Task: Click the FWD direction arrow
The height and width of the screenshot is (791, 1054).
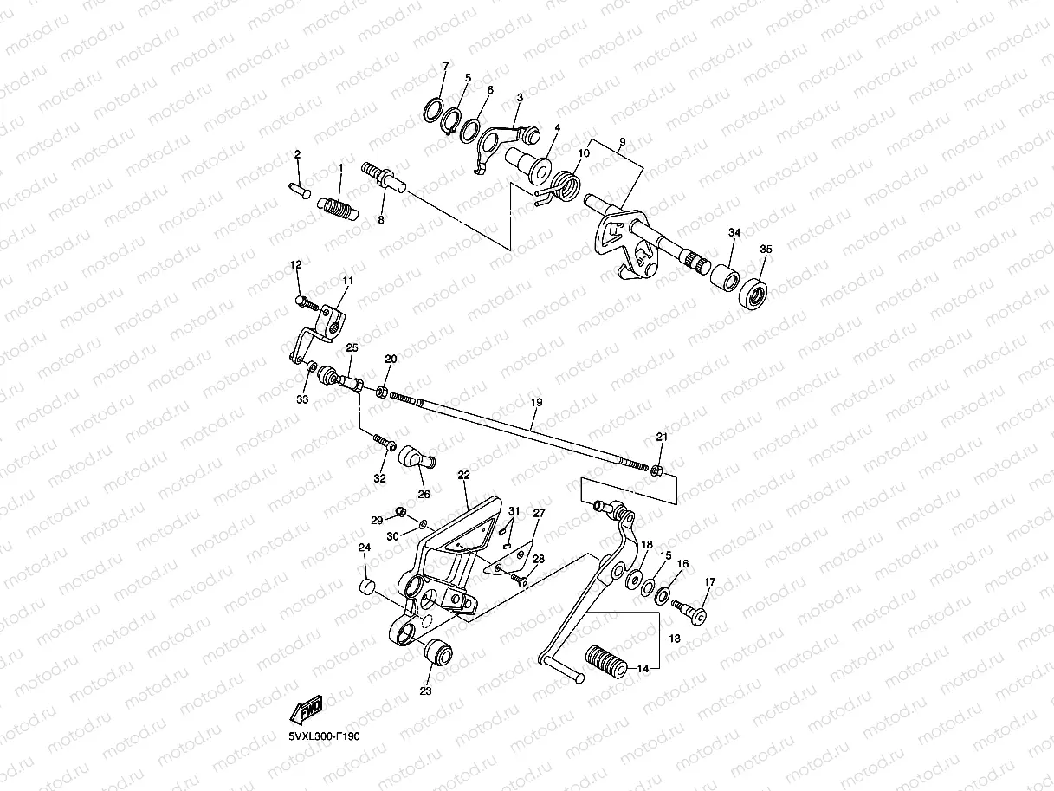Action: [x=307, y=708]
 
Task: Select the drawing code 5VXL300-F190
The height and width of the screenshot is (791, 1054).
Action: [x=324, y=736]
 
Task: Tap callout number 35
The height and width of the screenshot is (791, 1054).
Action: [x=765, y=249]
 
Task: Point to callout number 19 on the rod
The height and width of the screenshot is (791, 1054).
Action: [x=536, y=402]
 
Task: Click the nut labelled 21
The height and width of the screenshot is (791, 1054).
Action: [x=657, y=470]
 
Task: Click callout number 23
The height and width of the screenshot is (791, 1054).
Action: [x=425, y=691]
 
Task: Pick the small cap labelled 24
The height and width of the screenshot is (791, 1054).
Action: [x=366, y=588]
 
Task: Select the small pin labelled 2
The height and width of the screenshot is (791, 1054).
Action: [x=299, y=187]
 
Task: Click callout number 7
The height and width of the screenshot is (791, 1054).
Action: [x=445, y=67]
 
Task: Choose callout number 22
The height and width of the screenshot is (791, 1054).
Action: [x=463, y=476]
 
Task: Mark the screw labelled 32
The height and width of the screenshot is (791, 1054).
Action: [x=382, y=443]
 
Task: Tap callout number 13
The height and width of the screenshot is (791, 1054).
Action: [x=674, y=639]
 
